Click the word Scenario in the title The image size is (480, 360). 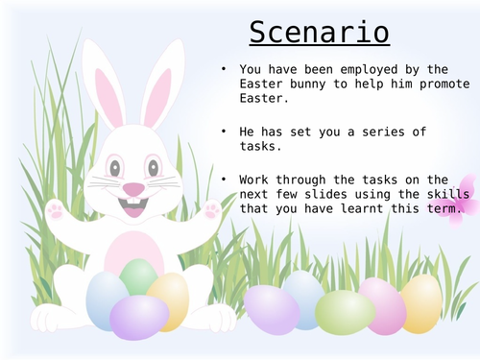pos(320,33)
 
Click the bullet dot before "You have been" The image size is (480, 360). pos(223,68)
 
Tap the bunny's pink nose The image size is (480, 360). pos(133,189)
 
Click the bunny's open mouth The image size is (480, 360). pos(133,205)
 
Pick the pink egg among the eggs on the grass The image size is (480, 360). pos(383,305)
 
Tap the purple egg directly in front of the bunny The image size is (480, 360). pos(139,317)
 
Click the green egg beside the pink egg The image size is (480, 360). pos(344,312)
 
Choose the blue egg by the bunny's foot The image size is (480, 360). pos(105,299)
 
